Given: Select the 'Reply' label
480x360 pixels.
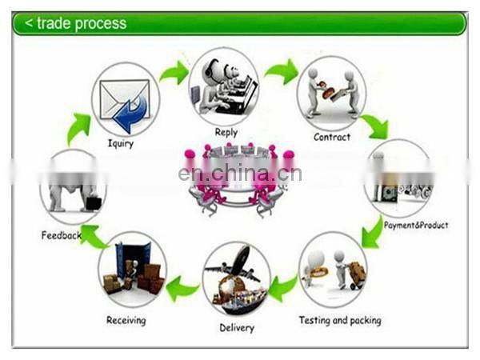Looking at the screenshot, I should click(x=226, y=133).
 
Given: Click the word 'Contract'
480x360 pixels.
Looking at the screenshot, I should click(x=332, y=137).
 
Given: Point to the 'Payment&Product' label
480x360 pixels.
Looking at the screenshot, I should click(x=416, y=226).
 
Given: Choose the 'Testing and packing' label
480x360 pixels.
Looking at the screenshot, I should click(x=340, y=320).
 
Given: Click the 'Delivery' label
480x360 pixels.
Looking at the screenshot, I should click(x=237, y=327).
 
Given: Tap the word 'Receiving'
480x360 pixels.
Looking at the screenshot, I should click(x=126, y=320).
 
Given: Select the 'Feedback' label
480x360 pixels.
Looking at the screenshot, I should click(x=62, y=235).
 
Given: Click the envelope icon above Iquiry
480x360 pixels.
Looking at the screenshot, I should click(x=123, y=103).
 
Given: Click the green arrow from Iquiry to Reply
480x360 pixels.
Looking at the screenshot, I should click(x=174, y=73).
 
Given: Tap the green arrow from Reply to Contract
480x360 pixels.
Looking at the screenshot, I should click(x=281, y=72).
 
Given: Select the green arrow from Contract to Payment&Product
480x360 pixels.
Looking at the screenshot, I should click(x=374, y=126).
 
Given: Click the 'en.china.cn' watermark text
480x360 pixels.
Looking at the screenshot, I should click(x=239, y=174).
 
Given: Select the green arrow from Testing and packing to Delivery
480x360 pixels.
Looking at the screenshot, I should click(x=283, y=285).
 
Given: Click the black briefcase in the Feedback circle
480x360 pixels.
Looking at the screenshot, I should click(x=94, y=202).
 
